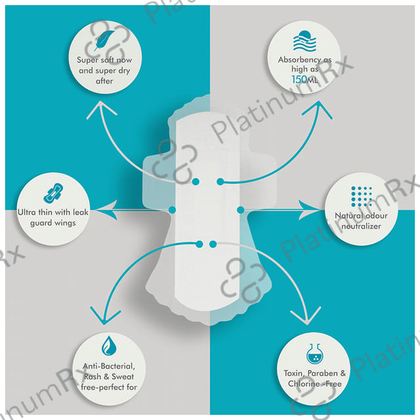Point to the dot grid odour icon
pyautogui.click(x=361, y=196)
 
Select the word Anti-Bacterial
pyautogui.click(x=109, y=366)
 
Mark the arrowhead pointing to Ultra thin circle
pyautogui.click(x=98, y=209)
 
